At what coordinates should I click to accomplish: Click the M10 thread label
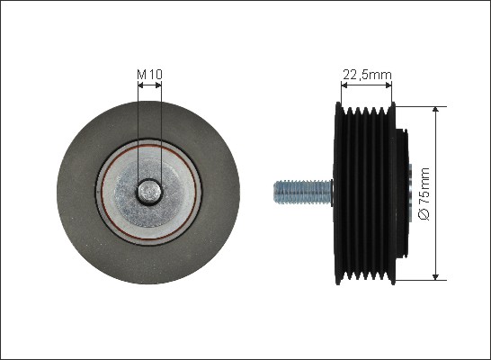(149, 75)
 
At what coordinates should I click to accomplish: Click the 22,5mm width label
(367, 75)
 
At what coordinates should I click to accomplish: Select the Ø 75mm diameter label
(424, 193)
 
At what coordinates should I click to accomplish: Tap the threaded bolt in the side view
(303, 192)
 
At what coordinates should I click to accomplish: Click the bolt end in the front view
(149, 192)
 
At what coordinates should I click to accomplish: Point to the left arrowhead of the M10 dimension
(140, 85)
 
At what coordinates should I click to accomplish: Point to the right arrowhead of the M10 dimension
(158, 85)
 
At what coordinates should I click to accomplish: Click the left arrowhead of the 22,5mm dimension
(344, 85)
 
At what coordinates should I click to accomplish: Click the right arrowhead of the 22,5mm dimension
(388, 85)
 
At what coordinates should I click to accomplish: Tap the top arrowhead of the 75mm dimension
(435, 109)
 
